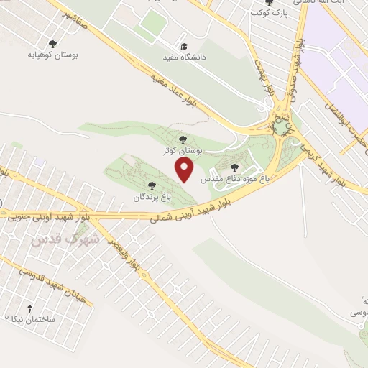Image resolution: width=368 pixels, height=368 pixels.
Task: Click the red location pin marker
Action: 185,170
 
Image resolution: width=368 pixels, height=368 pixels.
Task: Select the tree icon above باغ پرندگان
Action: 151,185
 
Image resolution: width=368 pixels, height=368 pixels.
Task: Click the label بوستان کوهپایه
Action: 52,55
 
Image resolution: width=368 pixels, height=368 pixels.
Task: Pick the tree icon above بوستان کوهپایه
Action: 52,43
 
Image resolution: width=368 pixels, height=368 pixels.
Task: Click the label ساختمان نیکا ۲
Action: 31,318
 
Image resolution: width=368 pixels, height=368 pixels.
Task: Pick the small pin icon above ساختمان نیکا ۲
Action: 30,306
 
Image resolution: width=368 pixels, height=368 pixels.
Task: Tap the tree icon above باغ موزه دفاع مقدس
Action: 234,167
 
